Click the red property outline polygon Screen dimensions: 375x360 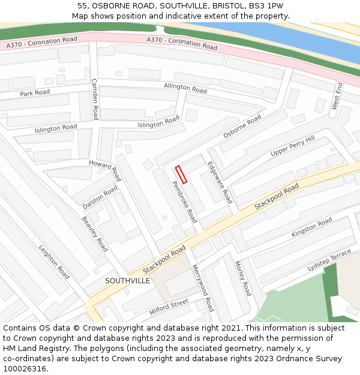pyautogui.click(x=181, y=174)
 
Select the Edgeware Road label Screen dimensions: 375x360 pyautogui.click(x=220, y=182)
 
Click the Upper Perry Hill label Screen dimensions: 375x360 pyautogui.click(x=292, y=146)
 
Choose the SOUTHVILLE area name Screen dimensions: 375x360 pyautogui.click(x=127, y=280)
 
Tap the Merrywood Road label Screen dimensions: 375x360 pyautogui.click(x=203, y=287)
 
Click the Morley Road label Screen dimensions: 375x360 pyautogui.click(x=242, y=278)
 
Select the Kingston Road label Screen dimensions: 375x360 pyautogui.click(x=311, y=227)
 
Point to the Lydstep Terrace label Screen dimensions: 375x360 pyautogui.click(x=329, y=260)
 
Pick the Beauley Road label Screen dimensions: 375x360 pyautogui.click(x=95, y=233)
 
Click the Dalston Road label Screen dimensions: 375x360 pyautogui.click(x=100, y=197)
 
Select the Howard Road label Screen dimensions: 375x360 pyautogui.click(x=105, y=170)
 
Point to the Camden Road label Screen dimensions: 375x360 pyautogui.click(x=95, y=99)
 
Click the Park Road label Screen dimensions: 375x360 pyautogui.click(x=35, y=94)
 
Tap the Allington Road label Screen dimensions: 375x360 pyautogui.click(x=185, y=88)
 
